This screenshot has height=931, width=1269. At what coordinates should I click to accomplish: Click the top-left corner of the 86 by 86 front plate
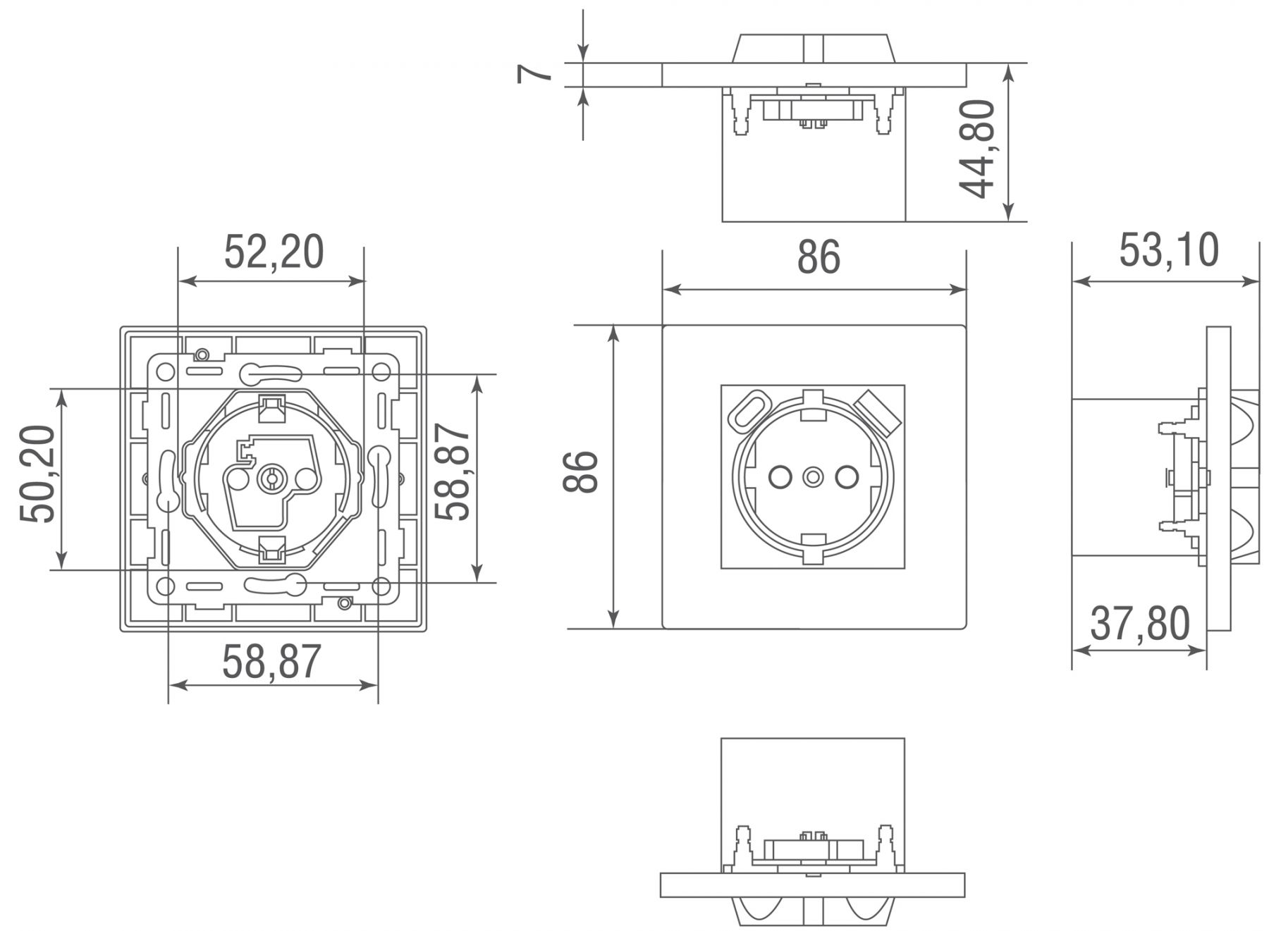[x=663, y=326]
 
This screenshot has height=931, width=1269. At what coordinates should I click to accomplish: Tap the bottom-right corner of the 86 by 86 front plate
[x=966, y=628]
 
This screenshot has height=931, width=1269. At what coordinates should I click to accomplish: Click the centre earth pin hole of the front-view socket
[x=813, y=477]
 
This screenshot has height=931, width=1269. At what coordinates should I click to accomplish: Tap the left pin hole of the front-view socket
[x=780, y=477]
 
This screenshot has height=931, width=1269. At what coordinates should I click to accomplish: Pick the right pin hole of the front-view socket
[x=846, y=477]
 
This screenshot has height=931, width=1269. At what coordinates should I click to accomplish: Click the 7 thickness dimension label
[x=534, y=73]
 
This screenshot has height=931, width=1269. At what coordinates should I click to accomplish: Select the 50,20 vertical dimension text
[x=37, y=474]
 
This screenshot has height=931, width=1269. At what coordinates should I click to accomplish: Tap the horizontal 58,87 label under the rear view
[x=272, y=662]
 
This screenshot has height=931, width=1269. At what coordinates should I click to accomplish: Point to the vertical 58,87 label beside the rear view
[x=452, y=471]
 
